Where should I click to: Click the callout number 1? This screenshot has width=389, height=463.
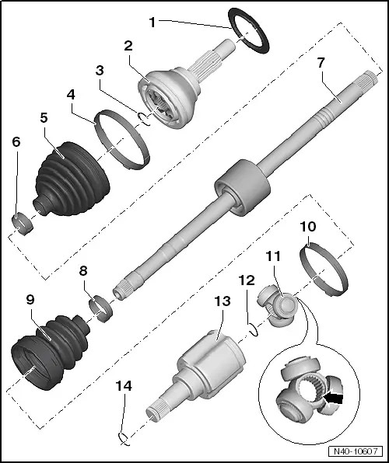(152, 23)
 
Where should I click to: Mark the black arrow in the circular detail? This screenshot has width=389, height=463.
(335, 399)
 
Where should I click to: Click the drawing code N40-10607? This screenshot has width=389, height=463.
(356, 451)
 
